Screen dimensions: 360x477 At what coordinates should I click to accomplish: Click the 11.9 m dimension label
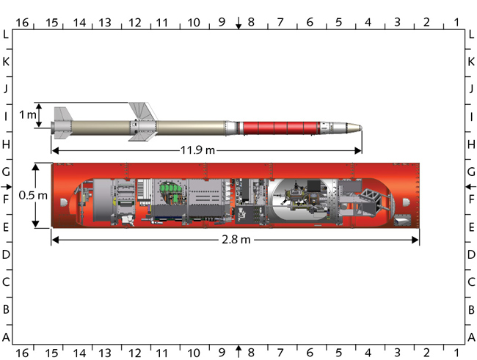tap(199, 150)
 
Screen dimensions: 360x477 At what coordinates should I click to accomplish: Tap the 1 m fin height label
tap(27, 115)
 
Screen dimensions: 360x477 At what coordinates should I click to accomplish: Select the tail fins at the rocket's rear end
tap(63, 122)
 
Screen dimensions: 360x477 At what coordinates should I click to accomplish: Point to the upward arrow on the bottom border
tap(238, 347)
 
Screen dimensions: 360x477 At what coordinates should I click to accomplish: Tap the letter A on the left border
tap(6, 337)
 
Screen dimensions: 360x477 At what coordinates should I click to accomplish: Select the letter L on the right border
tap(470, 34)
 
